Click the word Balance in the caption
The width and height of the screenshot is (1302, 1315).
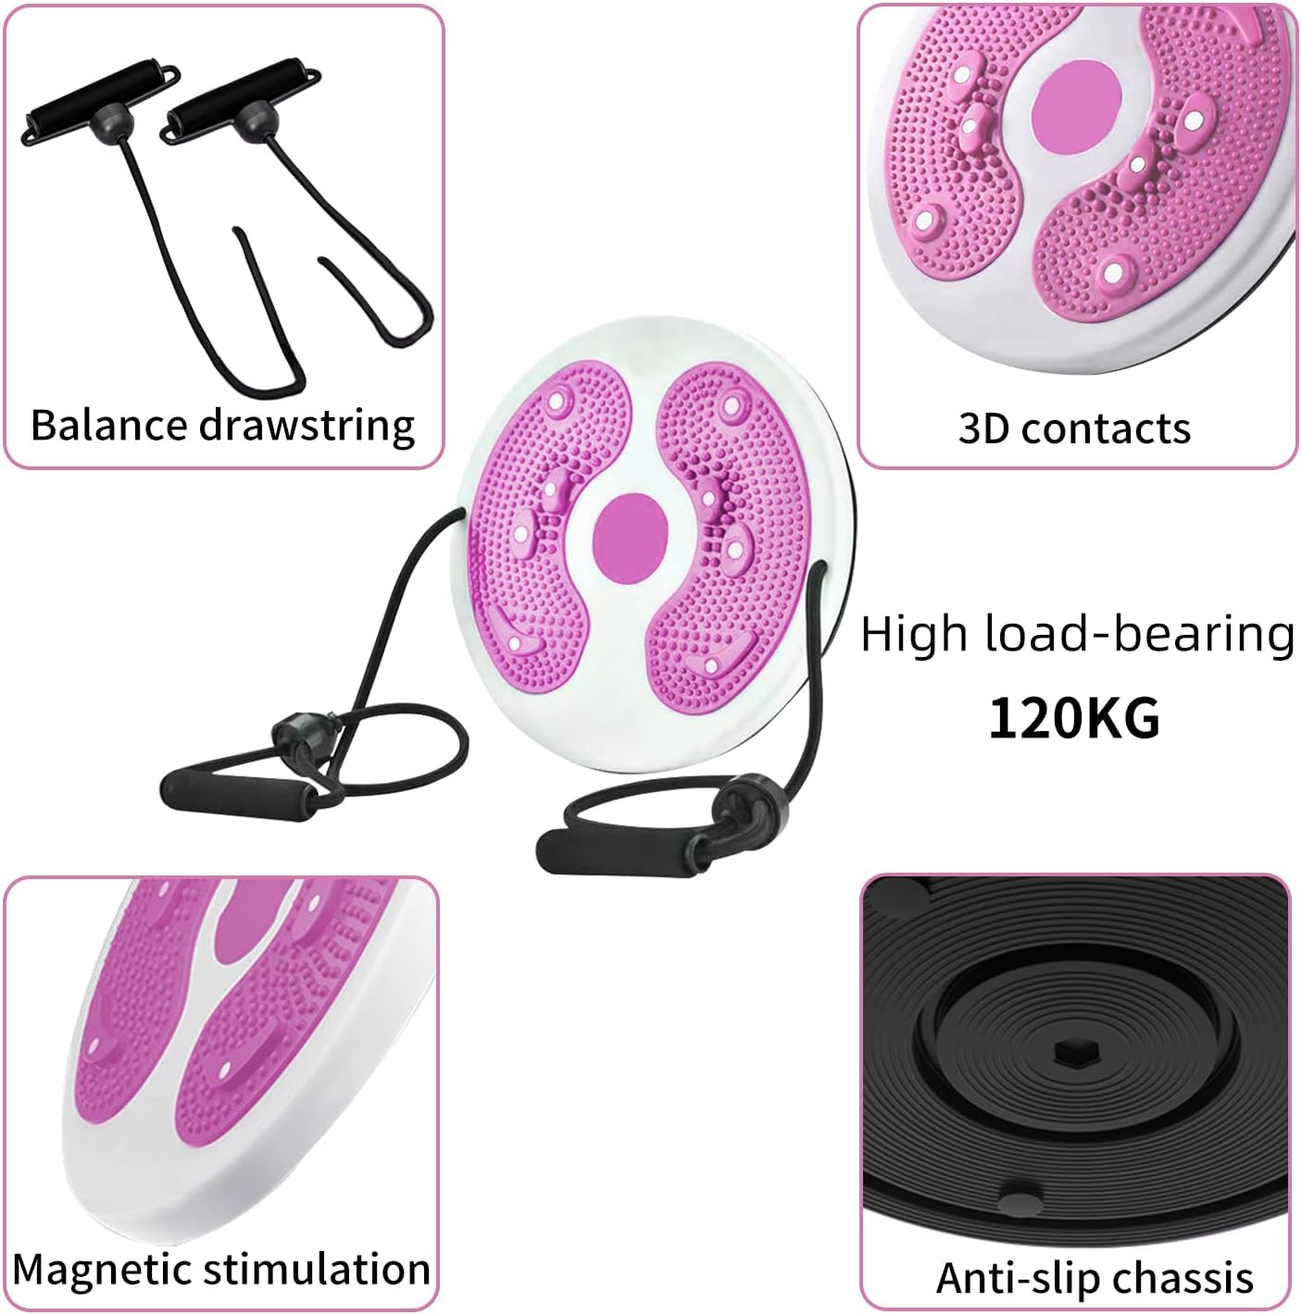[x=109, y=425]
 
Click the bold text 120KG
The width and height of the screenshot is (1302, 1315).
[x=1074, y=717]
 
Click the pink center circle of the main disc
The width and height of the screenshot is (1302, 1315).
[x=629, y=538]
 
